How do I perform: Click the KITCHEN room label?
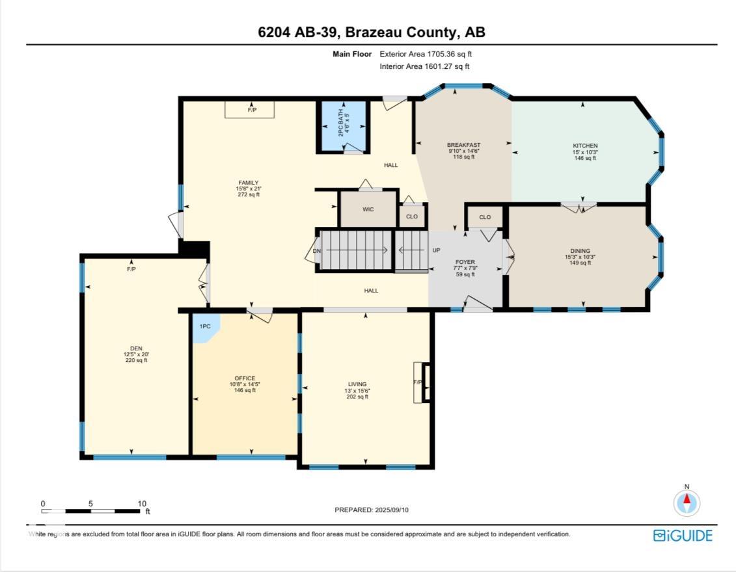(585, 146)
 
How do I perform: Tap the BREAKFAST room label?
(463, 145)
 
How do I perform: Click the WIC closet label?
(368, 209)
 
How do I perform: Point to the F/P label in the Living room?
(417, 382)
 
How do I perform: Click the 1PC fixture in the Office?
(205, 326)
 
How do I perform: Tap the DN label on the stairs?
(317, 251)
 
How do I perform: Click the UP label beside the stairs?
(437, 251)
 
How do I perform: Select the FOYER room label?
(465, 262)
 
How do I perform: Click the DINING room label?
(580, 251)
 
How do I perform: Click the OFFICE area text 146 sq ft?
(245, 390)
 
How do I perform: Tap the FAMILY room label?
(248, 183)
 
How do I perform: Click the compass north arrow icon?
(687, 502)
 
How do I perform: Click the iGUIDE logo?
(683, 536)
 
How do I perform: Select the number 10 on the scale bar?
(142, 503)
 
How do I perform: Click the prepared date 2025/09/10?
(392, 510)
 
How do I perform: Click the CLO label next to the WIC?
(411, 216)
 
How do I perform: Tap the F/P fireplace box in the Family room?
(250, 110)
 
